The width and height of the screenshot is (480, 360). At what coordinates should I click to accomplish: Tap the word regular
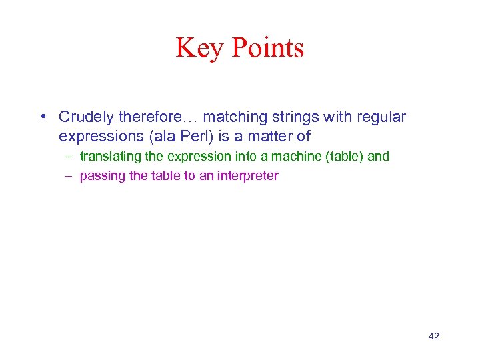point(381,117)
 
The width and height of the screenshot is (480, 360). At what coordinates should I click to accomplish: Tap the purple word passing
point(101,176)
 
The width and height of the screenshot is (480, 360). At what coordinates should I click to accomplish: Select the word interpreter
point(247,176)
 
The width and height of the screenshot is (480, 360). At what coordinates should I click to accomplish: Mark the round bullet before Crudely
point(43,118)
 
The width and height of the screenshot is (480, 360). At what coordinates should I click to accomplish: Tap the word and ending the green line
point(379,157)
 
